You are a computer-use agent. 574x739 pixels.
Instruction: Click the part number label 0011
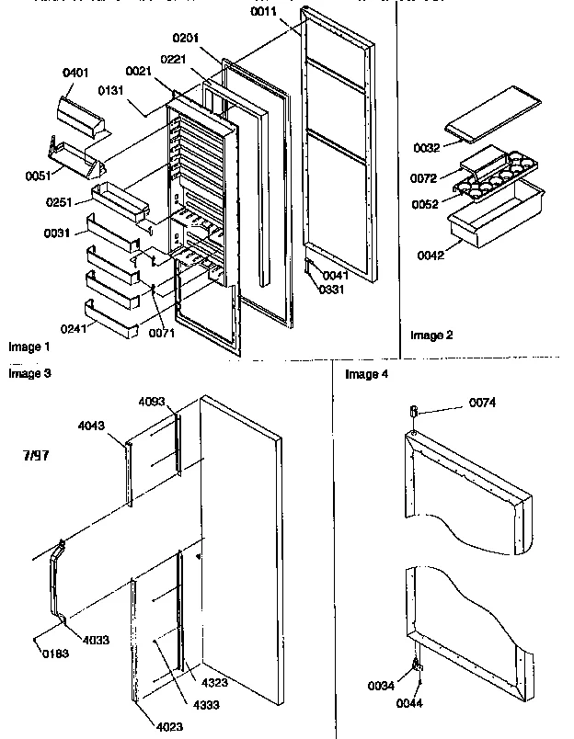(x=265, y=12)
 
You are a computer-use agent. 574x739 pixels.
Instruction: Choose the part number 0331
(x=332, y=290)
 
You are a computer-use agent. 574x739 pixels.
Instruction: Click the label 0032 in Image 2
(x=425, y=146)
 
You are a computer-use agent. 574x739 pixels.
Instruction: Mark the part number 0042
(x=430, y=255)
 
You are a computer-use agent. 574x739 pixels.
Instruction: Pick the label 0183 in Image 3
(x=55, y=654)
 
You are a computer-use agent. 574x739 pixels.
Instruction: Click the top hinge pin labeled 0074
(x=415, y=410)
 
